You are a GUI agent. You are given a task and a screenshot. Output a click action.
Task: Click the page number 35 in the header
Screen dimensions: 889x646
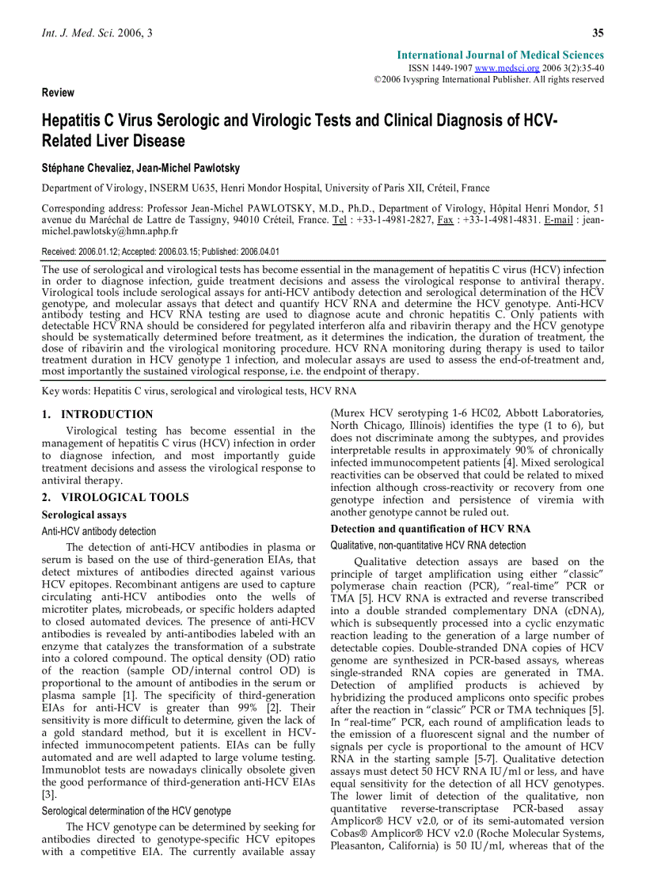(598, 32)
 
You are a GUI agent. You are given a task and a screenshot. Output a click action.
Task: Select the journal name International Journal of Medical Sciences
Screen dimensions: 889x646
(500, 55)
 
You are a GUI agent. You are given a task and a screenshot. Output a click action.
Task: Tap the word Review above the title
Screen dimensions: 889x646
(58, 93)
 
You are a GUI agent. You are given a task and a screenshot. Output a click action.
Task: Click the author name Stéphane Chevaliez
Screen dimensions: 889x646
(90, 169)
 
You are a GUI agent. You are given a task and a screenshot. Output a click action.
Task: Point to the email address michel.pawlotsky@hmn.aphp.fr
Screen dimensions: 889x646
(109, 232)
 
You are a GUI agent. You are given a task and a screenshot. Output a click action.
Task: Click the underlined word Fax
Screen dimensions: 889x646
(445, 220)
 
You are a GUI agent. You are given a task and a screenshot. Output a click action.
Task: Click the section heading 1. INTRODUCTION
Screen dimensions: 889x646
(97, 414)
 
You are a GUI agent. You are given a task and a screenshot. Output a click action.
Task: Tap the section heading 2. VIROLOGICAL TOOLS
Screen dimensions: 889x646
(115, 497)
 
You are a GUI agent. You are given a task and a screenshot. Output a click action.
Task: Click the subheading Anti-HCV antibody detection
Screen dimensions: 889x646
(99, 531)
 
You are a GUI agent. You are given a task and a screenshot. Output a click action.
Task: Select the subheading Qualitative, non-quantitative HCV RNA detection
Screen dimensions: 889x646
(427, 545)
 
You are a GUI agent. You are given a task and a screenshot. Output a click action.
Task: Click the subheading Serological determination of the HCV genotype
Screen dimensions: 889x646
(136, 811)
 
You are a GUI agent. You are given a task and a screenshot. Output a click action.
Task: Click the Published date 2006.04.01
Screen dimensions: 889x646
(255, 252)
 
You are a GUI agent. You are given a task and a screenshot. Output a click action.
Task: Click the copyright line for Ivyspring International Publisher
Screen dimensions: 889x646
(488, 80)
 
